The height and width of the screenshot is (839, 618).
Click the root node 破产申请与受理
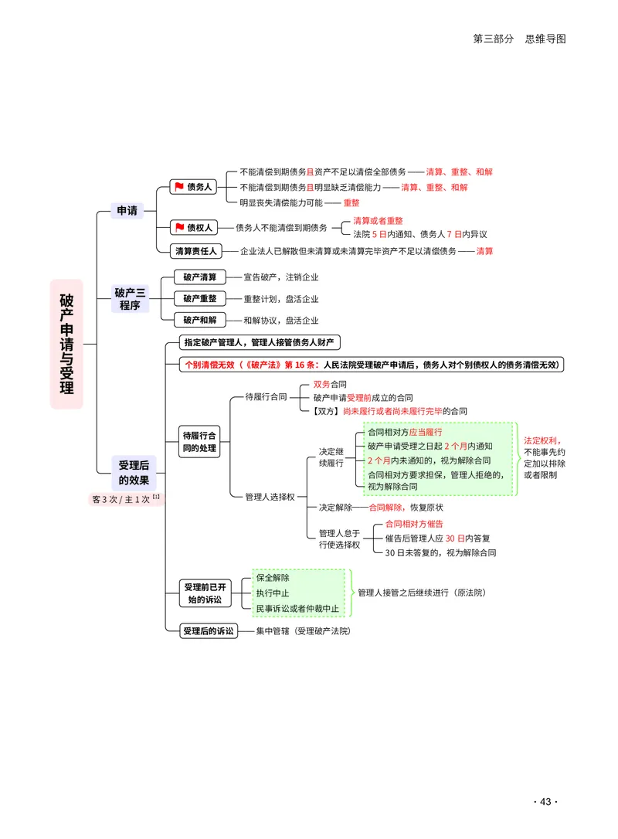[x=66, y=344]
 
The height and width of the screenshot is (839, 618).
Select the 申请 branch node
[x=127, y=211]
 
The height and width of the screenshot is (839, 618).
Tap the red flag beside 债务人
[x=179, y=186]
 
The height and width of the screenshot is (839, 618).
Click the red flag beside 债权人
[x=179, y=227]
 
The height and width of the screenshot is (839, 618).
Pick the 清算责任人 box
[x=196, y=251]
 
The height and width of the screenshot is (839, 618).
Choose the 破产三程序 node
[x=130, y=299]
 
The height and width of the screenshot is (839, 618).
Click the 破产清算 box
[x=199, y=277]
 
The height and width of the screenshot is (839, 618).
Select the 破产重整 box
[x=199, y=298]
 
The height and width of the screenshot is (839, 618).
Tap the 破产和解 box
[x=199, y=320]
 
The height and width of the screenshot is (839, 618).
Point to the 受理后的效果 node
[x=134, y=473]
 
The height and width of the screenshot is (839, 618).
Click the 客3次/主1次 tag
[x=126, y=499]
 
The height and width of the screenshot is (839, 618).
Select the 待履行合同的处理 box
[x=199, y=442]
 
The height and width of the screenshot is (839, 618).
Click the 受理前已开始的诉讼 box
[x=205, y=593]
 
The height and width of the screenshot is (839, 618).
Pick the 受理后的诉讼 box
[x=208, y=631]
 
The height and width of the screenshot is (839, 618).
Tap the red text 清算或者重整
[x=378, y=221]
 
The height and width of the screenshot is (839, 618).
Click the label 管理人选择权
[x=270, y=497]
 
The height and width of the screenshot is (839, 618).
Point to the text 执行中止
[x=273, y=593]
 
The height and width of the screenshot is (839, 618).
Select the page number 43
[x=545, y=802]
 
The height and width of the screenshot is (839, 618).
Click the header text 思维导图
[x=545, y=39]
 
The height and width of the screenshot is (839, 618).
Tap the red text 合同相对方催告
[x=414, y=525]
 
